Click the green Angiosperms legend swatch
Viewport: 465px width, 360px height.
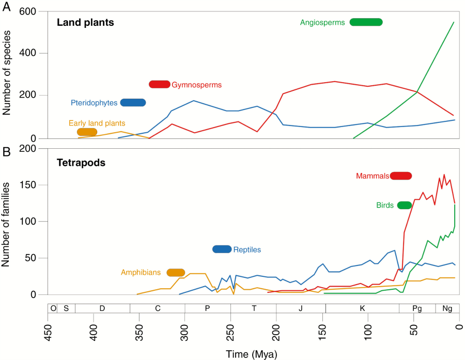(366, 22)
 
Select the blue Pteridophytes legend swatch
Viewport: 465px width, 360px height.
(133, 102)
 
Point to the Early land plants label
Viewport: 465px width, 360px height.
(97, 123)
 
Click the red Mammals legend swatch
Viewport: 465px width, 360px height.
(400, 176)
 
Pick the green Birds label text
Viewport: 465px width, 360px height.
(385, 205)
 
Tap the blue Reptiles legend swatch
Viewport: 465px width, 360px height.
(222, 249)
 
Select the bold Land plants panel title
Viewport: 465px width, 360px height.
(85, 23)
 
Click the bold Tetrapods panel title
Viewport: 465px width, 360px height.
(81, 163)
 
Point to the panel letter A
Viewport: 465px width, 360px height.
(6, 7)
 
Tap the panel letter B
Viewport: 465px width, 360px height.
(6, 152)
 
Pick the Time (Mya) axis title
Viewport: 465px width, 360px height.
(251, 354)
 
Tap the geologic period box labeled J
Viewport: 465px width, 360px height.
(301, 308)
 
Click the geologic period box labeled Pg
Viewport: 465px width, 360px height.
(417, 308)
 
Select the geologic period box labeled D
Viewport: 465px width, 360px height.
(102, 308)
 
